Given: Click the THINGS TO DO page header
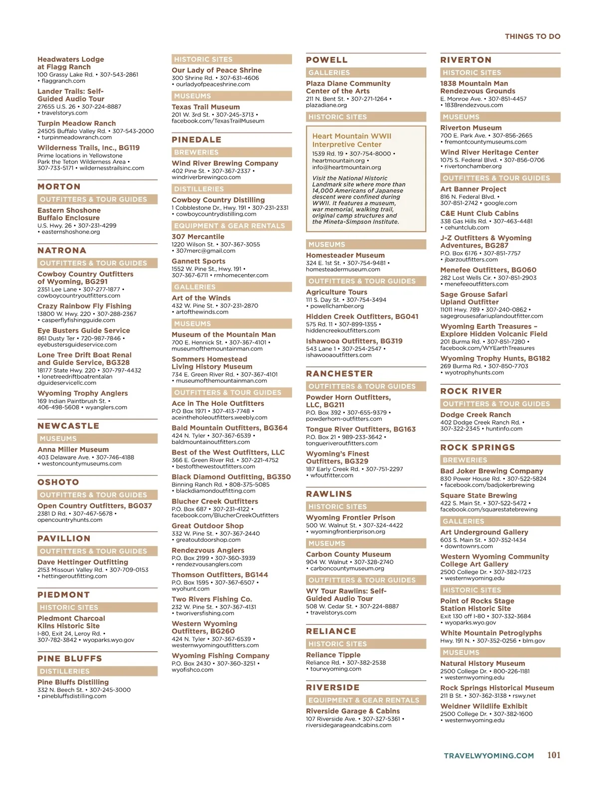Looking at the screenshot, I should [x=532, y=36].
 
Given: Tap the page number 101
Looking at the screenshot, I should [x=554, y=755].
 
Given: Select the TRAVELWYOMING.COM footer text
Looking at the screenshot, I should [x=488, y=756].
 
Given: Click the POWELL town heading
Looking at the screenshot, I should [x=327, y=60].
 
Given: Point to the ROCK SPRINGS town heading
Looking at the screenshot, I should [x=477, y=448].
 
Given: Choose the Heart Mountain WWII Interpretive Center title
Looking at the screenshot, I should [x=352, y=140].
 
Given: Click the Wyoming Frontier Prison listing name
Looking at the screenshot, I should [x=350, y=517].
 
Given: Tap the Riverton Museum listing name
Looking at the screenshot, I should [x=470, y=128].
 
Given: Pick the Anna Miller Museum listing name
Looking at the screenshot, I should [x=73, y=449].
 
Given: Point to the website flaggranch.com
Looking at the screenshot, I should [x=63, y=81].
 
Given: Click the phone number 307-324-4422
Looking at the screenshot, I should [x=383, y=525].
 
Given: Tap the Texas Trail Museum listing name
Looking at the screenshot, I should [x=205, y=107].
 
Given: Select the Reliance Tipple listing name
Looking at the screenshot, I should [x=333, y=655].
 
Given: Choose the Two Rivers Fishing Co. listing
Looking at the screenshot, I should [x=212, y=599].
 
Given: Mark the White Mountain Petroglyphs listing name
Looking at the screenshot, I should [x=491, y=632].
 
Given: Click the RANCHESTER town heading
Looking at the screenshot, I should [x=339, y=374].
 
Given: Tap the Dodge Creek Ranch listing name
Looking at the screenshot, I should [x=475, y=415].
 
